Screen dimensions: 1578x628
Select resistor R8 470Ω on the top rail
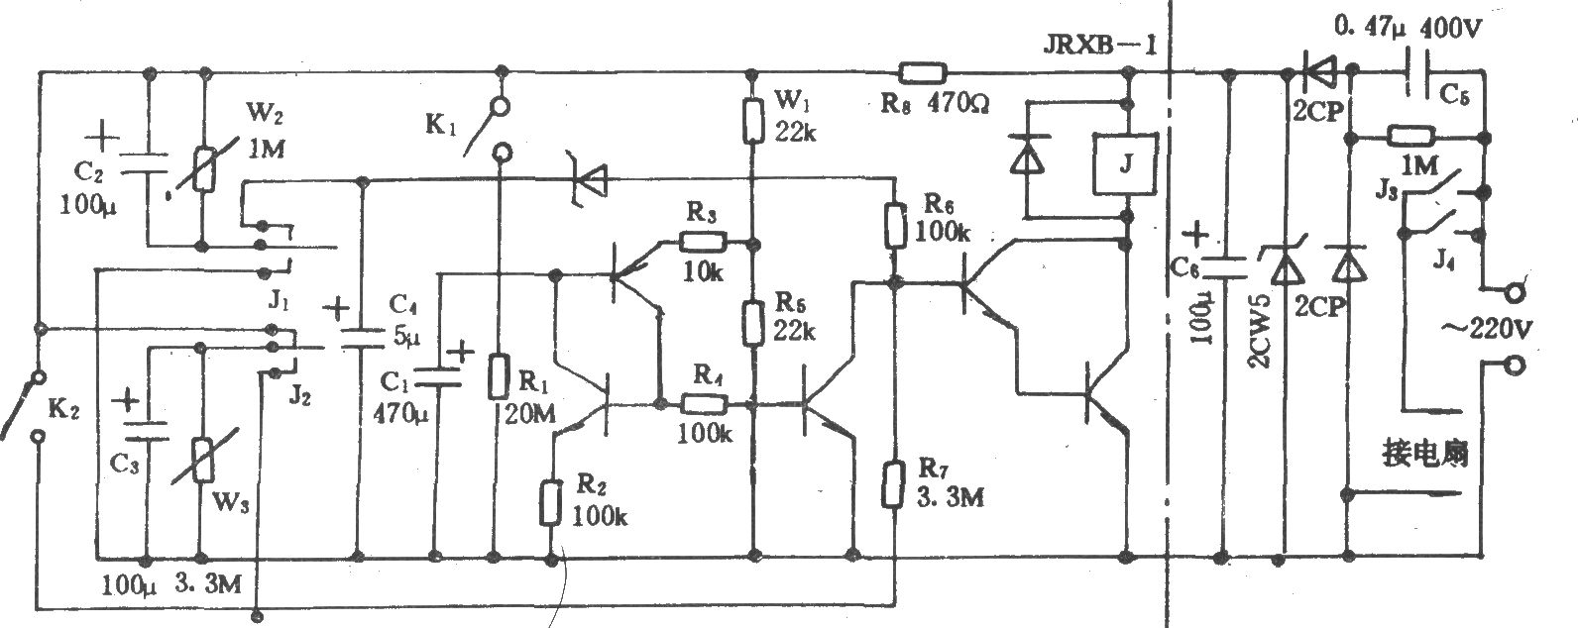923,72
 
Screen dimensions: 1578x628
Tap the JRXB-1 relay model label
1099,45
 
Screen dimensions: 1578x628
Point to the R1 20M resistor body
499,376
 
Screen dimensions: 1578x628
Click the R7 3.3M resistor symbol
892,483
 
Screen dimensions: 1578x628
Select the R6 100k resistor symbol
895,225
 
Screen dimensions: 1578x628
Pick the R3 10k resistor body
703,243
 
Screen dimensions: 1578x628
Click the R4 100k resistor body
704,404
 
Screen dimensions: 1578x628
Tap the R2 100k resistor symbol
550,502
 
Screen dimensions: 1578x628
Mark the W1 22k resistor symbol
753,121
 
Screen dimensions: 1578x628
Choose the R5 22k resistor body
753,323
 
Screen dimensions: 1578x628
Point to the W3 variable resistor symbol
203,460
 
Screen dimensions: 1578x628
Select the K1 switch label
441,125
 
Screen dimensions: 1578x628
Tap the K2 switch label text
63,408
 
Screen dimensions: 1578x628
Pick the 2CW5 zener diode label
1259,330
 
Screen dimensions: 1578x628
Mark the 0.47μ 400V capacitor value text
1409,28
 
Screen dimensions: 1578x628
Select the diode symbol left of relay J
1027,155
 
